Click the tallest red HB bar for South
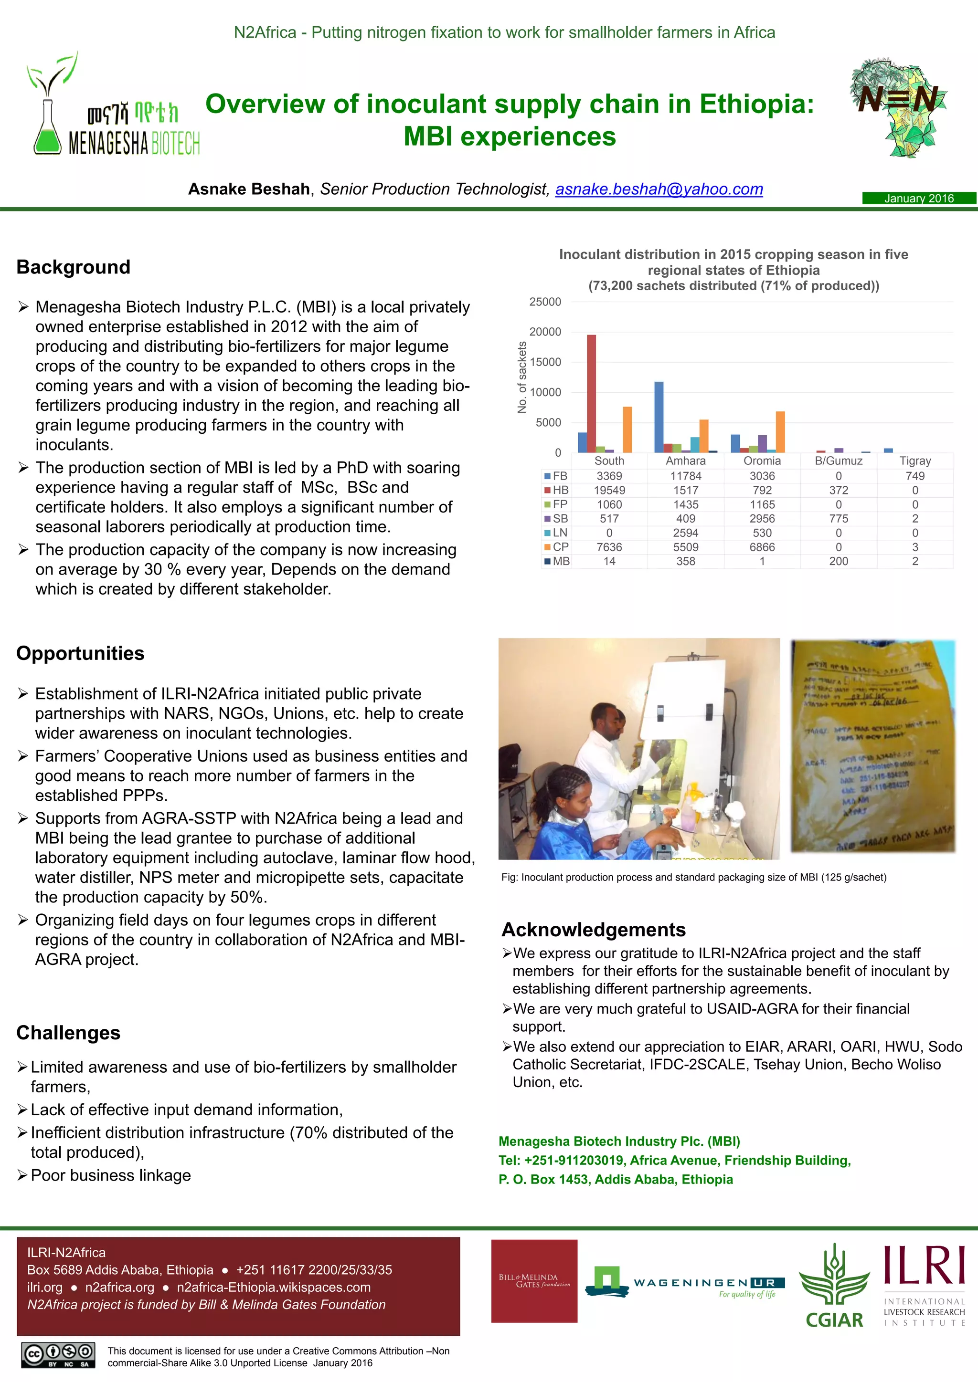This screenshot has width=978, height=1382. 591,394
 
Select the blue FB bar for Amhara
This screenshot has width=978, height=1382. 659,417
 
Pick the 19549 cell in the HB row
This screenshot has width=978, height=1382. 609,490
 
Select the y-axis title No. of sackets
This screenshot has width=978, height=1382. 521,377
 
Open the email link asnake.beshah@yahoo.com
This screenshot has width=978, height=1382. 659,189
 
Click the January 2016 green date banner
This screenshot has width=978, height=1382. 918,198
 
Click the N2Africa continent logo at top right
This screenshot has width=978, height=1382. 898,108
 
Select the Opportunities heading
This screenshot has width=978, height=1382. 80,653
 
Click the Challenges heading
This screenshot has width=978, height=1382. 68,1032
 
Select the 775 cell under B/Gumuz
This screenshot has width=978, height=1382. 838,518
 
